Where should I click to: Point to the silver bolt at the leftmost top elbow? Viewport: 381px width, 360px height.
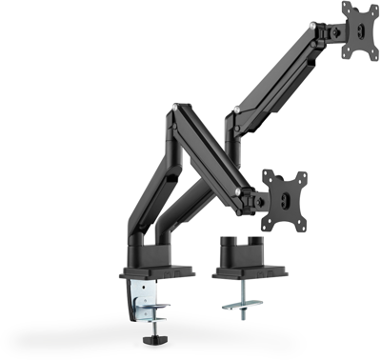(171, 115)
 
